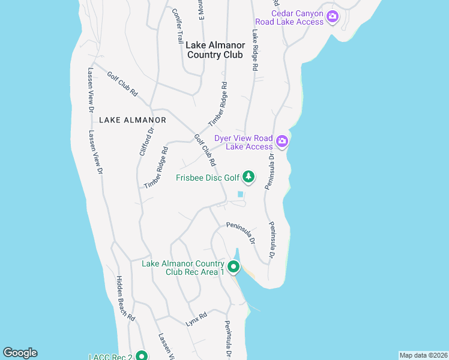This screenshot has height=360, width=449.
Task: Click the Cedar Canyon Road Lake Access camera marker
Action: (x=333, y=17)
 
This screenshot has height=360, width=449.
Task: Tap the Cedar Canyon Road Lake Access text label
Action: (x=297, y=17)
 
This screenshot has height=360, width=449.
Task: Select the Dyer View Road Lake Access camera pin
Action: (x=282, y=142)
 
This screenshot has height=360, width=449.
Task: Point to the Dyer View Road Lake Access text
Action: (x=244, y=142)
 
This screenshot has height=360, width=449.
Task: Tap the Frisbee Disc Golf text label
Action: (x=208, y=178)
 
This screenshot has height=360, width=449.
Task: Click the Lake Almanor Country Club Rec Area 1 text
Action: (x=182, y=268)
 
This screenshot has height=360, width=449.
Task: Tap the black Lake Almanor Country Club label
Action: (x=215, y=50)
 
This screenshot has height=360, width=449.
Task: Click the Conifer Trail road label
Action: (x=177, y=26)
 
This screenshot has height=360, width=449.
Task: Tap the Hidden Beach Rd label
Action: (x=125, y=298)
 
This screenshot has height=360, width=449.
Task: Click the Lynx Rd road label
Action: (x=196, y=319)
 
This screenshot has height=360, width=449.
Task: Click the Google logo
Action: (x=20, y=353)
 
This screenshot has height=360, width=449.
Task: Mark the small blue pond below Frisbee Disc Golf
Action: (x=241, y=194)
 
